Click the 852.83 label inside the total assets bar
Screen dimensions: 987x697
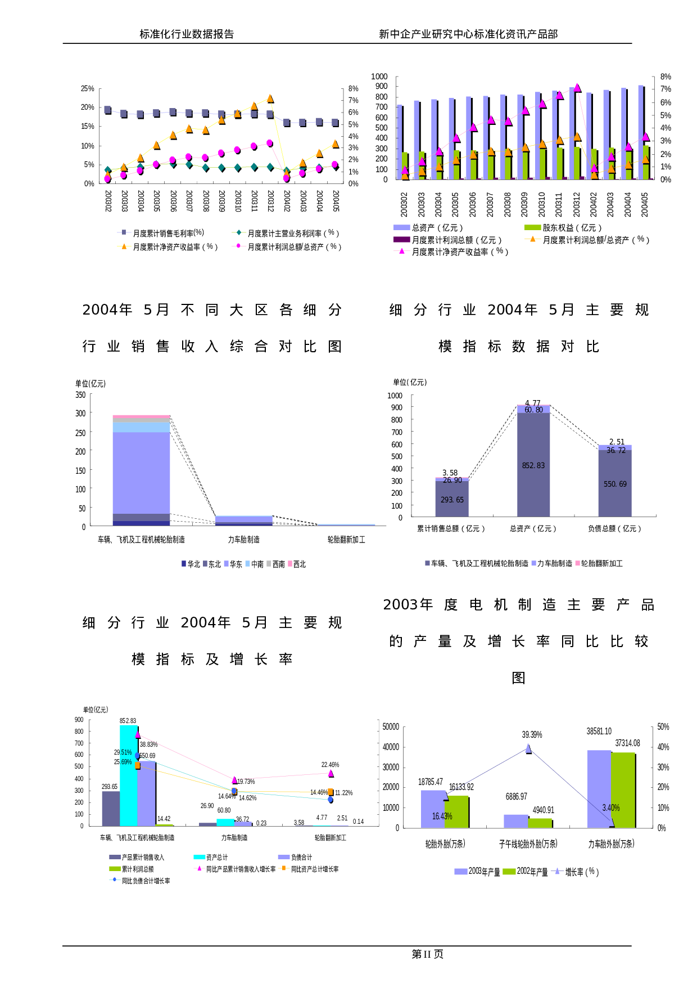pos(533,466)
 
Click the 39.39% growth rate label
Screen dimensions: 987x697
pos(532,734)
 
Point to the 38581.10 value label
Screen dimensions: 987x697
pos(599,731)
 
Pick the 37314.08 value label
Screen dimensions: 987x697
pos(627,743)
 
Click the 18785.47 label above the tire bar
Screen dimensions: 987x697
pos(431,782)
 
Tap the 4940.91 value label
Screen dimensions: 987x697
pos(543,810)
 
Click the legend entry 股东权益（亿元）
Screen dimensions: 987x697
pos(572,227)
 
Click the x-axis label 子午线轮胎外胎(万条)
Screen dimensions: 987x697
pos(528,844)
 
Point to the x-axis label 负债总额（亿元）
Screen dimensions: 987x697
pos(614,528)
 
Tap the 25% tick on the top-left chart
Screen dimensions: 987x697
pos(88,88)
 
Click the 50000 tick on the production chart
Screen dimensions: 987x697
pos(391,726)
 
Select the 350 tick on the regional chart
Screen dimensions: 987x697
pos(81,395)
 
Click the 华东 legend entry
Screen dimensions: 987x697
pos(236,564)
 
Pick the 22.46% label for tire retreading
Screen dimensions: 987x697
pos(330,765)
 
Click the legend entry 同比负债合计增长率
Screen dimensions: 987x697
pos(146,881)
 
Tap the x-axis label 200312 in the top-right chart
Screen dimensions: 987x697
pos(576,204)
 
